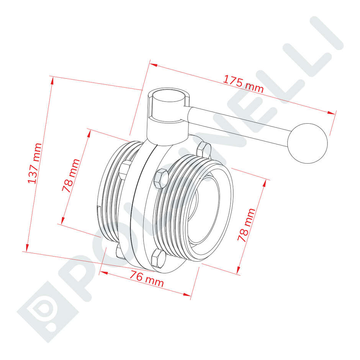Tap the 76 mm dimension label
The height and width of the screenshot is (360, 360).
tap(147, 279)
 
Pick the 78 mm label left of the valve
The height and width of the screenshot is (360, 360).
tap(71, 175)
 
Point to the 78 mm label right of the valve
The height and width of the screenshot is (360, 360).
tap(246, 225)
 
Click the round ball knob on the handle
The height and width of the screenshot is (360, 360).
tap(308, 142)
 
